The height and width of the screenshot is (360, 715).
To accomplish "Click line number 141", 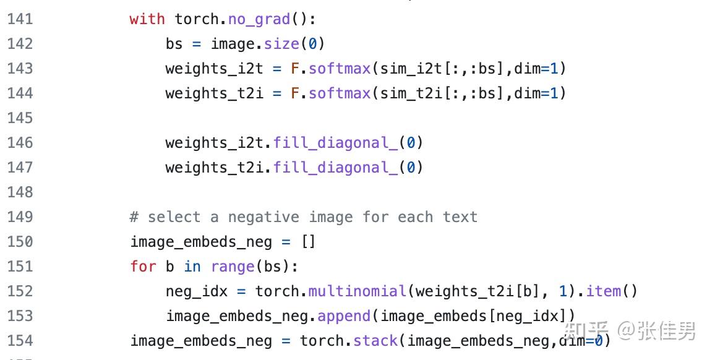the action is [20, 19].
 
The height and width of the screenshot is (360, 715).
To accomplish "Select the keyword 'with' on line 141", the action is [147, 19].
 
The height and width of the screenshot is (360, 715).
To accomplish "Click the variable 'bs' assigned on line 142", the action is [174, 44].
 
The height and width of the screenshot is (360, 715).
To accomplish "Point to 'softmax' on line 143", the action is [340, 69].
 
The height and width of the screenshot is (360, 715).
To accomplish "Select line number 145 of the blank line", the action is [20, 118].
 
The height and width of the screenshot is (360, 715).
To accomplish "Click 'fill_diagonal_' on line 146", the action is [336, 143].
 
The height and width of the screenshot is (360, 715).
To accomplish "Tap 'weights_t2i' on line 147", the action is [215, 168].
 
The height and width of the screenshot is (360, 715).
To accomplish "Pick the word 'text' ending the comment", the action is [460, 217].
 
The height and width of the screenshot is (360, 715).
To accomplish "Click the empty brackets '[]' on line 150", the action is [308, 242].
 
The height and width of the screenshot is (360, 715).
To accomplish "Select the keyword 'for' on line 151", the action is [143, 267].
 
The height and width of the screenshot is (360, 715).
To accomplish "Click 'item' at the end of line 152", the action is [603, 291].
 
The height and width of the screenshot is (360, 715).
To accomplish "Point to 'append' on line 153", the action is [344, 316].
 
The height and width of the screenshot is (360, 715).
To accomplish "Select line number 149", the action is [20, 217].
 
